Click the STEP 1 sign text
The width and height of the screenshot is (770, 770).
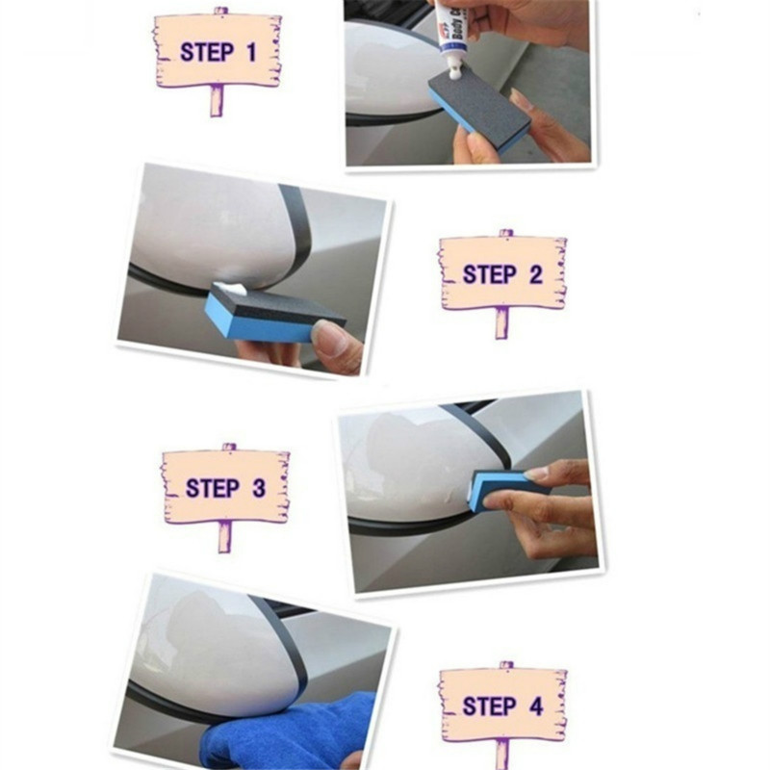tap(218, 52)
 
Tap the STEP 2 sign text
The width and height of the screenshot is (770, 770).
tap(502, 274)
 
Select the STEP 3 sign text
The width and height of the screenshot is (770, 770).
tap(225, 488)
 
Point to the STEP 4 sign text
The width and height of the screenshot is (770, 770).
tap(502, 706)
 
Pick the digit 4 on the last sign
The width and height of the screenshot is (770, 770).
tap(536, 706)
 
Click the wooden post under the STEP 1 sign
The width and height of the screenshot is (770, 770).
tap(218, 100)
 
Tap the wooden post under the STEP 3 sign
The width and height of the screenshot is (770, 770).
tap(224, 536)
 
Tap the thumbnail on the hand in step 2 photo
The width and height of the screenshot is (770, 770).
tap(330, 338)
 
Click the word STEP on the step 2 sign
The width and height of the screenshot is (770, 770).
tap(488, 274)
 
